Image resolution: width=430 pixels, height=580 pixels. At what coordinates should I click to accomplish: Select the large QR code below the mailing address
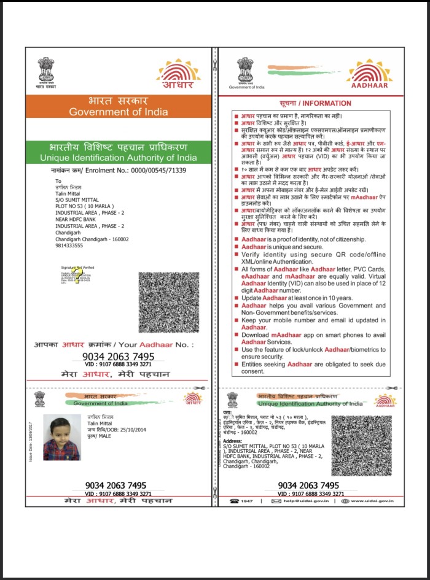pos(169,303)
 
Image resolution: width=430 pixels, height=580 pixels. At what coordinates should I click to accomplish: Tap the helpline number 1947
pos(247,501)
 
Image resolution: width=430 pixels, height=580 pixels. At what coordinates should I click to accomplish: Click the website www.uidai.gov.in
pos(369,501)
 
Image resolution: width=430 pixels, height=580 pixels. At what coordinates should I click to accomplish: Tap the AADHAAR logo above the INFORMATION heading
pos(369,75)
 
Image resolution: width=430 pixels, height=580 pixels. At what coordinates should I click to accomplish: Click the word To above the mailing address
pos(58,181)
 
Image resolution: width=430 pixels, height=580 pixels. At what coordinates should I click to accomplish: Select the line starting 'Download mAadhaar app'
pos(313,334)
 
